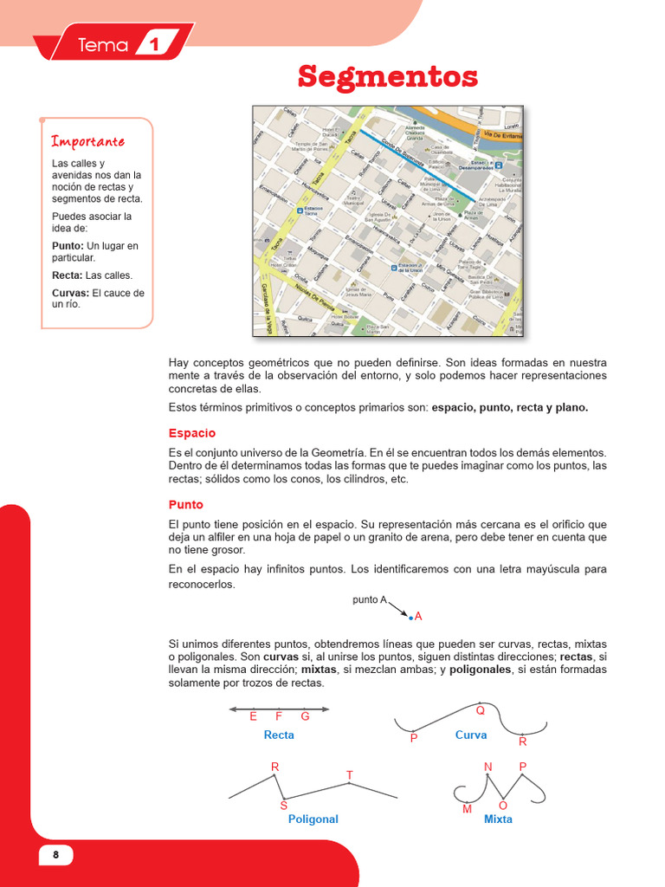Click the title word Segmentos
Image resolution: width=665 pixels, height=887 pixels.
(387, 77)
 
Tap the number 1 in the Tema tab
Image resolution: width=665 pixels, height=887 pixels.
(154, 45)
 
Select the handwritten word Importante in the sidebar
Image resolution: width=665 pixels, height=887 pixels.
(88, 141)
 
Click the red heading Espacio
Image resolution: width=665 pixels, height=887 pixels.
(192, 433)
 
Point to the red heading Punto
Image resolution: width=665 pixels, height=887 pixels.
(186, 504)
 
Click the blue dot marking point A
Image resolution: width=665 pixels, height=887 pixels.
(410, 618)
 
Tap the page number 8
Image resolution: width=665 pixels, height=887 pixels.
(56, 855)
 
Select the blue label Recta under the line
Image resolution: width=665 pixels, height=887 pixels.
(279, 735)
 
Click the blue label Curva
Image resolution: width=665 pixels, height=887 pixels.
(471, 735)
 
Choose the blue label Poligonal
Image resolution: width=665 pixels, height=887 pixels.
(313, 819)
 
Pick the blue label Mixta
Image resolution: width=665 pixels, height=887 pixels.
(498, 819)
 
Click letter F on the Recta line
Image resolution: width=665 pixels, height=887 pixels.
(279, 716)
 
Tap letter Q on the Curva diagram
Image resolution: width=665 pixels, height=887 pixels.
(481, 710)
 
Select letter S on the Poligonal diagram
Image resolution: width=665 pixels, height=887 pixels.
(283, 806)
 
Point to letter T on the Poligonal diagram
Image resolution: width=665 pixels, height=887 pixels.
(350, 774)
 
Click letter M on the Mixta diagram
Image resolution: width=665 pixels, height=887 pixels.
(467, 809)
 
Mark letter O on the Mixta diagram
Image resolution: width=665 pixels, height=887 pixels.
(503, 806)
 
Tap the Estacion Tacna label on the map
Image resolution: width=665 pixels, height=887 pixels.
(313, 211)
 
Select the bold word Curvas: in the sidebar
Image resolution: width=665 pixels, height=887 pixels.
(70, 293)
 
